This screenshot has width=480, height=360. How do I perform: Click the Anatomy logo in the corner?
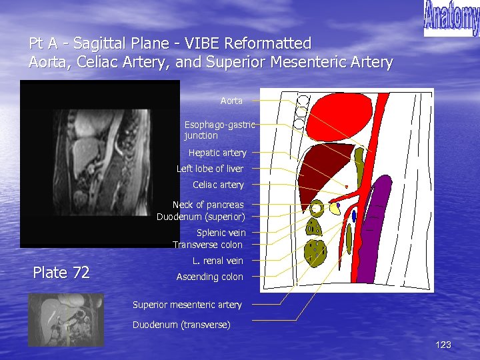(451, 18)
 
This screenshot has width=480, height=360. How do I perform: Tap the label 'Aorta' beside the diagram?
(231, 101)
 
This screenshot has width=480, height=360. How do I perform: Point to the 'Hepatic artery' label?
(217, 153)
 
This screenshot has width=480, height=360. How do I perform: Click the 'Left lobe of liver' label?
(210, 169)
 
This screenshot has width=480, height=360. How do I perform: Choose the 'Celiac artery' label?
(218, 185)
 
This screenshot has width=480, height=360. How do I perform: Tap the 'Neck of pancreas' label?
(208, 205)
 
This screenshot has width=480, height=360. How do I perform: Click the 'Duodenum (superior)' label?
(201, 217)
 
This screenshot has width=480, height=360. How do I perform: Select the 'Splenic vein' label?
(221, 233)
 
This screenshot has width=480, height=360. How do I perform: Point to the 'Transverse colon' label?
(207, 245)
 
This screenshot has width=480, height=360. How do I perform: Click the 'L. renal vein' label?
(218, 261)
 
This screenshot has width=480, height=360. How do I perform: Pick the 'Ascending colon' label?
(209, 277)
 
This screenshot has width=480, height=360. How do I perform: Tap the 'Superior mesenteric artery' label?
(187, 305)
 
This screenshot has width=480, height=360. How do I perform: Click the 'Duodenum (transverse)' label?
(181, 325)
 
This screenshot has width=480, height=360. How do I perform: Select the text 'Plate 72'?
(61, 272)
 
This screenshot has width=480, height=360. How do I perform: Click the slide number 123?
(443, 345)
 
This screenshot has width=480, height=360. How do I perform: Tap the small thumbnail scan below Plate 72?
(66, 319)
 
